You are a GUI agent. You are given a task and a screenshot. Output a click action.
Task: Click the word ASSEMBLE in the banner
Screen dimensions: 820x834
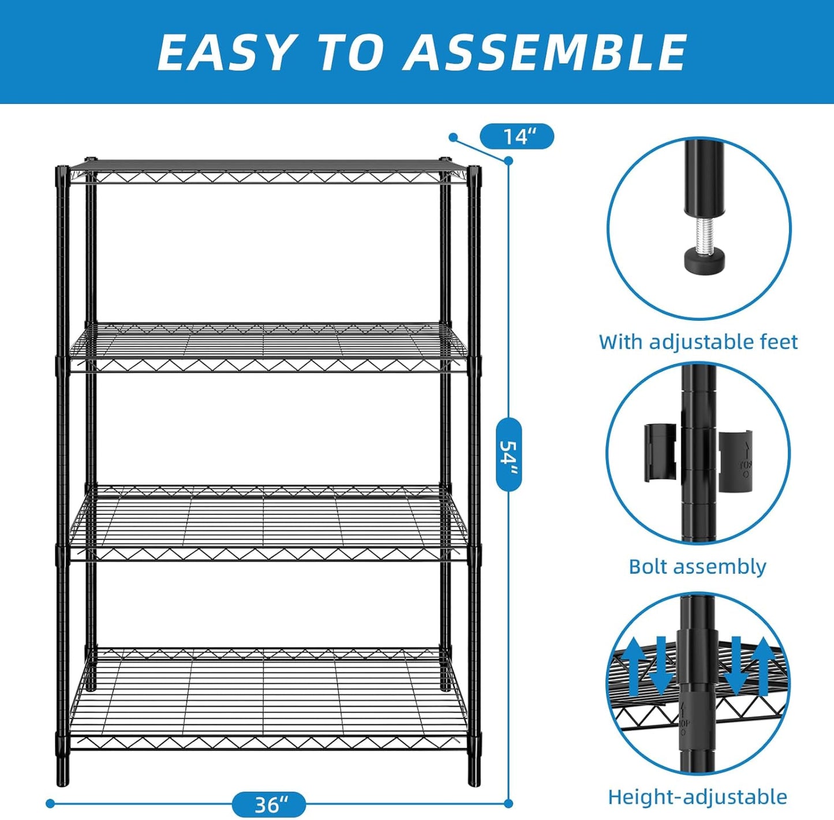coord(545,52)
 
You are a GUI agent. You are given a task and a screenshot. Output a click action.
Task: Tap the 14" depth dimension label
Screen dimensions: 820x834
coord(517,137)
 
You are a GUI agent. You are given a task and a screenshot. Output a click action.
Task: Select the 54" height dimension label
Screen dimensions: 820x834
coord(509,454)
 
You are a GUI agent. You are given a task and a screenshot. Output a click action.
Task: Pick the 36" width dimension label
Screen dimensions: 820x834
coord(269,804)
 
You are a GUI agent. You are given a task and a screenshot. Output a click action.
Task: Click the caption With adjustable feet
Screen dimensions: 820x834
coord(698,342)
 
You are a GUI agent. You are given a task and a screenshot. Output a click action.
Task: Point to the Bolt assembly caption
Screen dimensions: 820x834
coord(697,567)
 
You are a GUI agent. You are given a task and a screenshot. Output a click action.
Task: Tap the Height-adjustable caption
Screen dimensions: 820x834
coord(697,797)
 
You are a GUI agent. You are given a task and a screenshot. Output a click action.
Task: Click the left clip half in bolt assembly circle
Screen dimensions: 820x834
coord(660,452)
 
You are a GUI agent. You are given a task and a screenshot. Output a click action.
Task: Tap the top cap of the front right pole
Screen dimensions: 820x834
coord(474,170)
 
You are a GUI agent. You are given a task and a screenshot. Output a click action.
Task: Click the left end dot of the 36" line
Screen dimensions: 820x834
coord(50,803)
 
